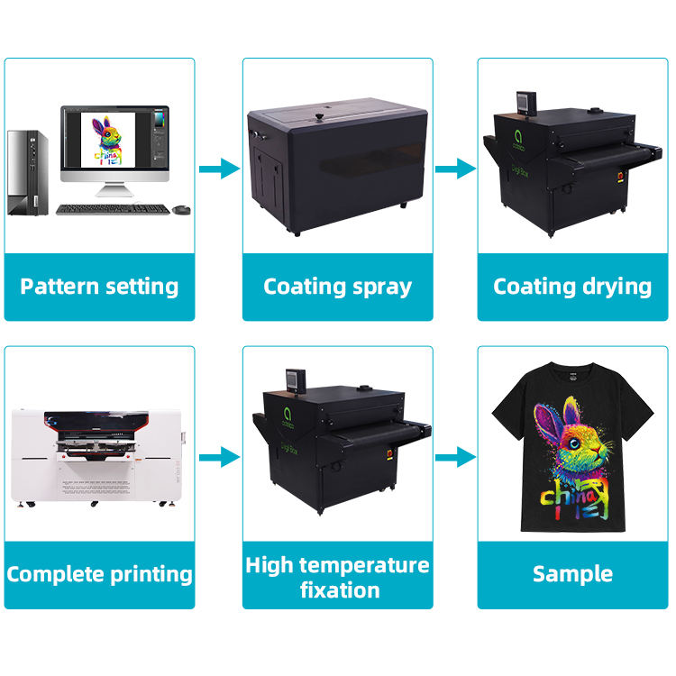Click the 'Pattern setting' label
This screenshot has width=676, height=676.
tap(99, 287)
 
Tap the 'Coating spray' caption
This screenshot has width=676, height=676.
tap(337, 287)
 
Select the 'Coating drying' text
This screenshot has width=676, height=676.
tap(572, 287)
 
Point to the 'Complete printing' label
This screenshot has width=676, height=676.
tap(99, 573)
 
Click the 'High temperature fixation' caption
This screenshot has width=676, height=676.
tap(337, 577)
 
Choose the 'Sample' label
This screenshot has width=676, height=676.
tap(572, 573)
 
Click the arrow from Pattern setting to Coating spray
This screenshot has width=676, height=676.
tap(218, 169)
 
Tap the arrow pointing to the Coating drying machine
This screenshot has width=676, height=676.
tap(454, 169)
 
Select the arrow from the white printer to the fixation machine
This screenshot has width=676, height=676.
tap(218, 458)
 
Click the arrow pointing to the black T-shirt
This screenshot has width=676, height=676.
tap(454, 458)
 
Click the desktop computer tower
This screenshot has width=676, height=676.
tap(27, 172)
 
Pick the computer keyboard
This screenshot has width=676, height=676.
tap(113, 209)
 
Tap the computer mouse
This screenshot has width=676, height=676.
tap(181, 209)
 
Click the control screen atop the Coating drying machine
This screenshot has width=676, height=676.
tap(525, 104)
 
